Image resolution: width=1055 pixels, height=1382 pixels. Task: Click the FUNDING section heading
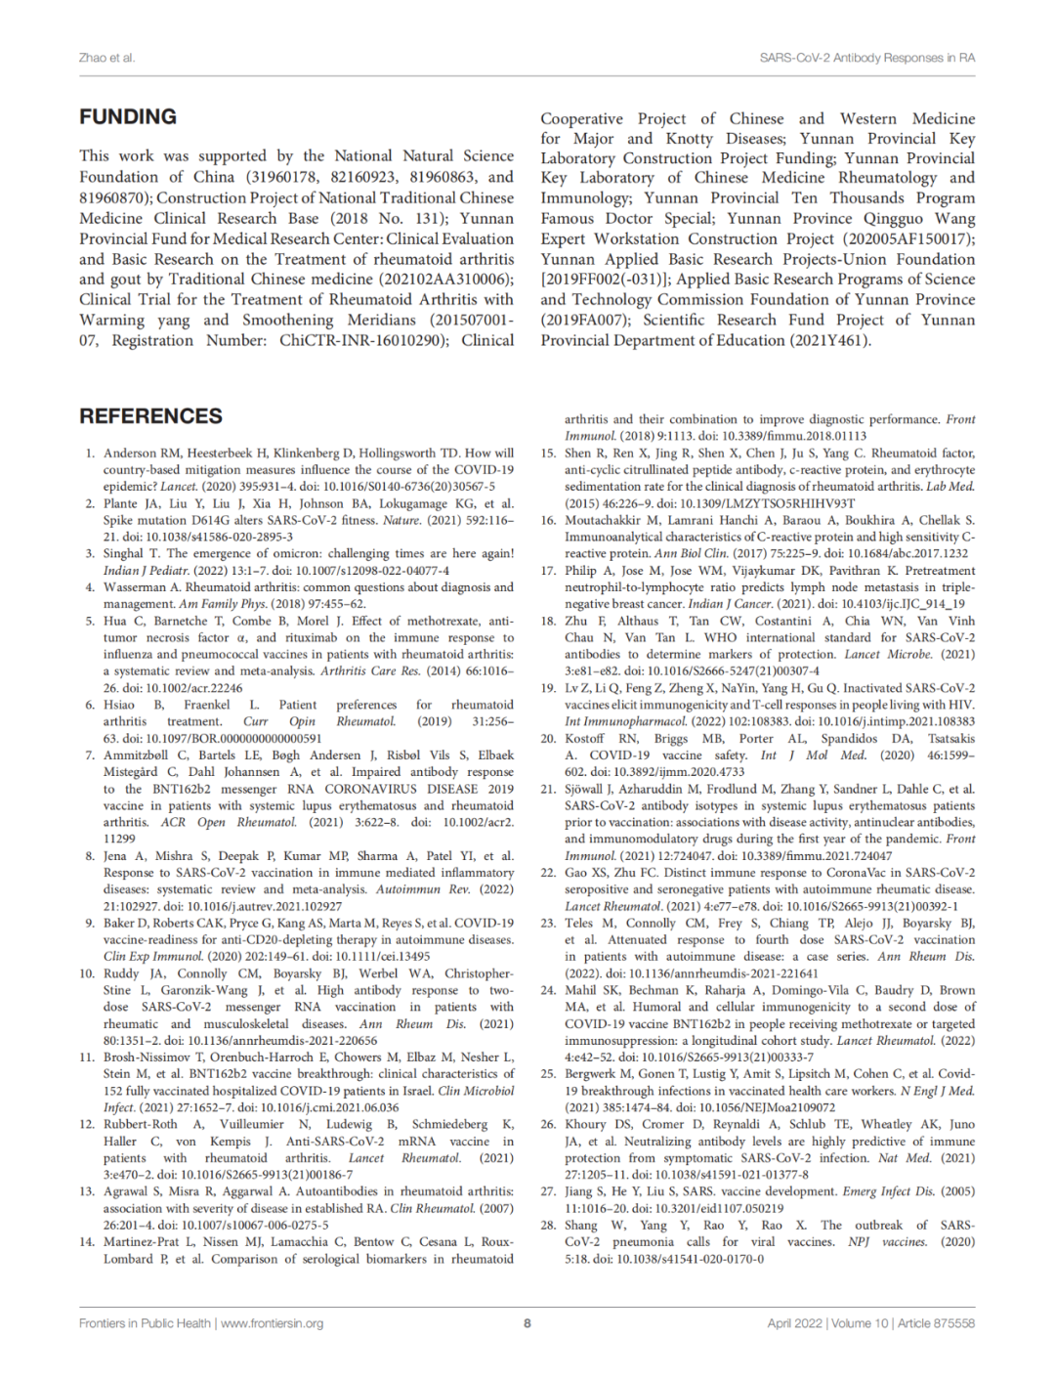pos(128,116)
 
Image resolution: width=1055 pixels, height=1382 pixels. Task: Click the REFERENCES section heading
pos(150,416)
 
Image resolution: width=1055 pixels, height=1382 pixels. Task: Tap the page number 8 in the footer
pos(527,1323)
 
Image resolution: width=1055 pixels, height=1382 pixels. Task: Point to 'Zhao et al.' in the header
pos(106,58)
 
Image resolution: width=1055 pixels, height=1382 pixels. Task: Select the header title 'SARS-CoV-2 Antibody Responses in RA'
pos(866,58)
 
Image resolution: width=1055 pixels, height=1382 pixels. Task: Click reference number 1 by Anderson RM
pos(90,453)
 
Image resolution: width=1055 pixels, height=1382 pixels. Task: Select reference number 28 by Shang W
pos(548,1226)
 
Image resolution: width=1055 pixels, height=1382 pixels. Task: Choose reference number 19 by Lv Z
pos(548,688)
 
